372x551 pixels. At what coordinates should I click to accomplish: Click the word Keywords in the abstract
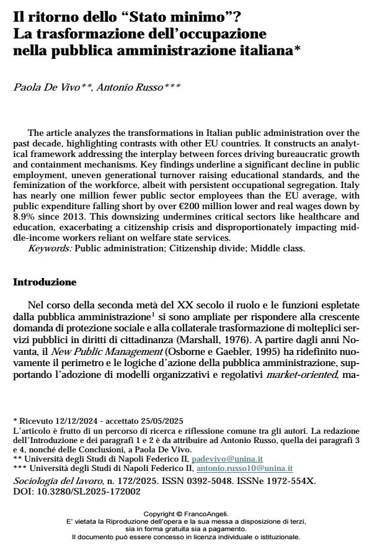(50, 248)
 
